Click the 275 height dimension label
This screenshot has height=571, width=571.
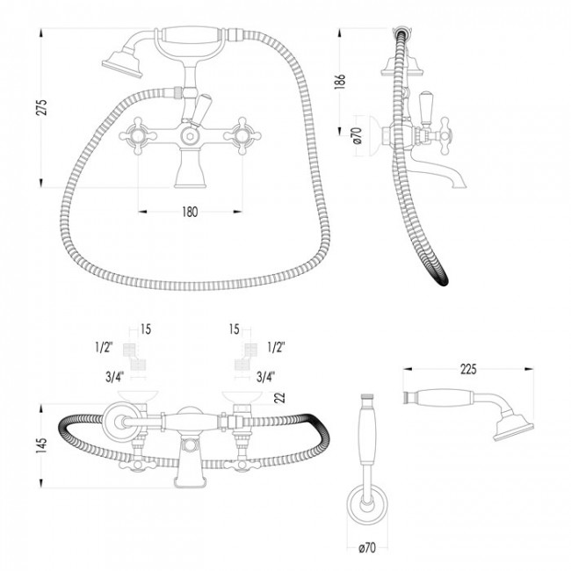(x=42, y=107)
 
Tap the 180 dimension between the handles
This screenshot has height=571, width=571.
(x=190, y=212)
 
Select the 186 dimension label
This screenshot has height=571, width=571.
(x=339, y=81)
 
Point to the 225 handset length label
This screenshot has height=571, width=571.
(x=468, y=369)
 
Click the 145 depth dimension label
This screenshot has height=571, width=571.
(x=42, y=445)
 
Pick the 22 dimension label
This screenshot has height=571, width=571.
(x=279, y=398)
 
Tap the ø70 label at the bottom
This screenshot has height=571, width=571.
(x=367, y=547)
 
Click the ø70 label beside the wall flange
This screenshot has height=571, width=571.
(x=358, y=135)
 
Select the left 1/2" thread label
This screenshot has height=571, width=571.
(x=104, y=348)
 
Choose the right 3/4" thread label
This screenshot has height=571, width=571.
(x=265, y=377)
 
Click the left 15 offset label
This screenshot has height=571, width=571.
(x=145, y=329)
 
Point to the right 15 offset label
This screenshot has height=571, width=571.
(x=235, y=329)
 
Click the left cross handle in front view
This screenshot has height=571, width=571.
(x=138, y=136)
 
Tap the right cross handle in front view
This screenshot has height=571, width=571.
(x=242, y=136)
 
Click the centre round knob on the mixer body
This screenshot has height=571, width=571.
(x=190, y=136)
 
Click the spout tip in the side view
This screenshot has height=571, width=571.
(x=459, y=185)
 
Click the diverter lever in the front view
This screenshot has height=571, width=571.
(x=200, y=110)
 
